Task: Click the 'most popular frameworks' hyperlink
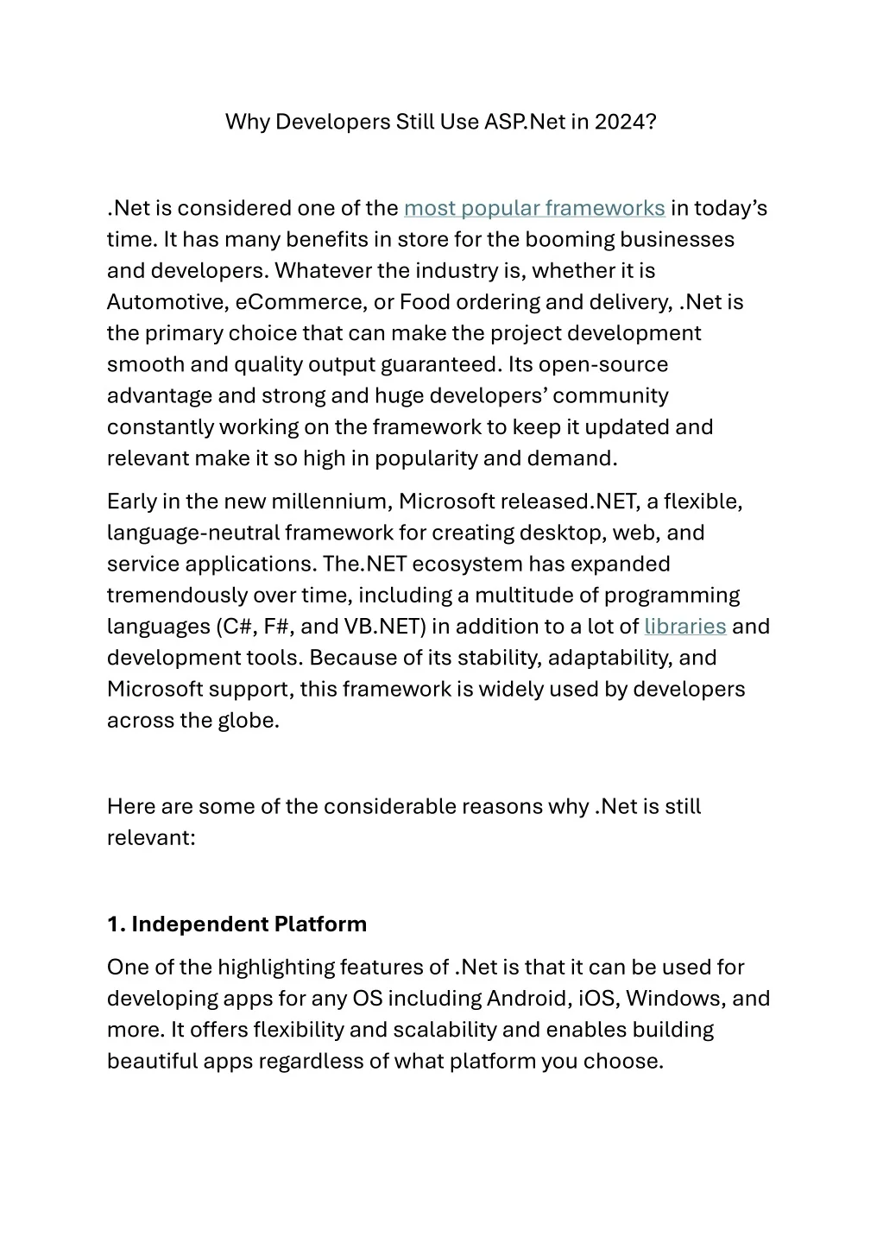[x=533, y=209]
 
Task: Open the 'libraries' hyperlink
[x=684, y=627]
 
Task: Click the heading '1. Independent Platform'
[x=237, y=924]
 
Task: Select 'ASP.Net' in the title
[x=524, y=122]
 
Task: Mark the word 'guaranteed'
[x=440, y=365]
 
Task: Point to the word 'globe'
[x=250, y=721]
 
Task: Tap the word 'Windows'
[x=675, y=999]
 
